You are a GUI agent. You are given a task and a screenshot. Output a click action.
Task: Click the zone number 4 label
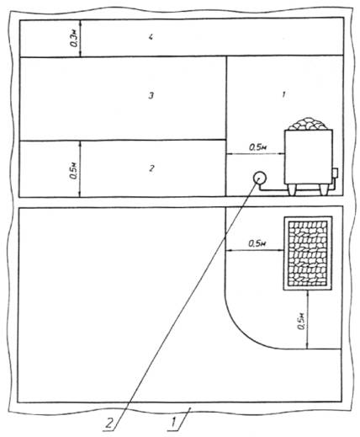[151, 37]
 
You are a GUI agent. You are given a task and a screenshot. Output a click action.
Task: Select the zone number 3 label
[151, 96]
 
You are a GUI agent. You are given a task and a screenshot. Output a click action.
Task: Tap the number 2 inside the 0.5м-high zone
[151, 168]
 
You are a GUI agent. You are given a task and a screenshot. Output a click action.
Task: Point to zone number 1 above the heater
[283, 95]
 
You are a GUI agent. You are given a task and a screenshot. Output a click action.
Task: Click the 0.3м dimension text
[74, 38]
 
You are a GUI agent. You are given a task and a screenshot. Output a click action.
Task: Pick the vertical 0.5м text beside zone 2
[74, 170]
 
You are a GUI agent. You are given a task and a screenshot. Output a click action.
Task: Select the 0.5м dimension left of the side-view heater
[257, 147]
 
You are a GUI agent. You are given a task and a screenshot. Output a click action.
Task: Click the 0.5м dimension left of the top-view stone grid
[257, 243]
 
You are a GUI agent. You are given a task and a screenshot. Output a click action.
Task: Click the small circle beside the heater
[260, 178]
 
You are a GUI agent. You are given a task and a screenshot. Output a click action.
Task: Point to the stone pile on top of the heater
[308, 124]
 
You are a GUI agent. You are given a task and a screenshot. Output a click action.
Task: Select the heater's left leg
[292, 190]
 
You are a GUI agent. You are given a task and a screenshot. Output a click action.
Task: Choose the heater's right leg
[324, 190]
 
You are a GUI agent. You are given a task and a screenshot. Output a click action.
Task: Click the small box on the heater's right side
[335, 173]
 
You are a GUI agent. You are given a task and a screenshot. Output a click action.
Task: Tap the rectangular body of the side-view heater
[309, 157]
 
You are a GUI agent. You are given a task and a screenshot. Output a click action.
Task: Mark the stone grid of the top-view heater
[308, 253]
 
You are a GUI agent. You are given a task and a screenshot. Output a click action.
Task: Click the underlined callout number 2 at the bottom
[109, 422]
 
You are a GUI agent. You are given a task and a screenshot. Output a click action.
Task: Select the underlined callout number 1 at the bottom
[174, 422]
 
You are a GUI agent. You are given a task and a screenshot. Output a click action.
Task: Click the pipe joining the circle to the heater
[297, 191]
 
